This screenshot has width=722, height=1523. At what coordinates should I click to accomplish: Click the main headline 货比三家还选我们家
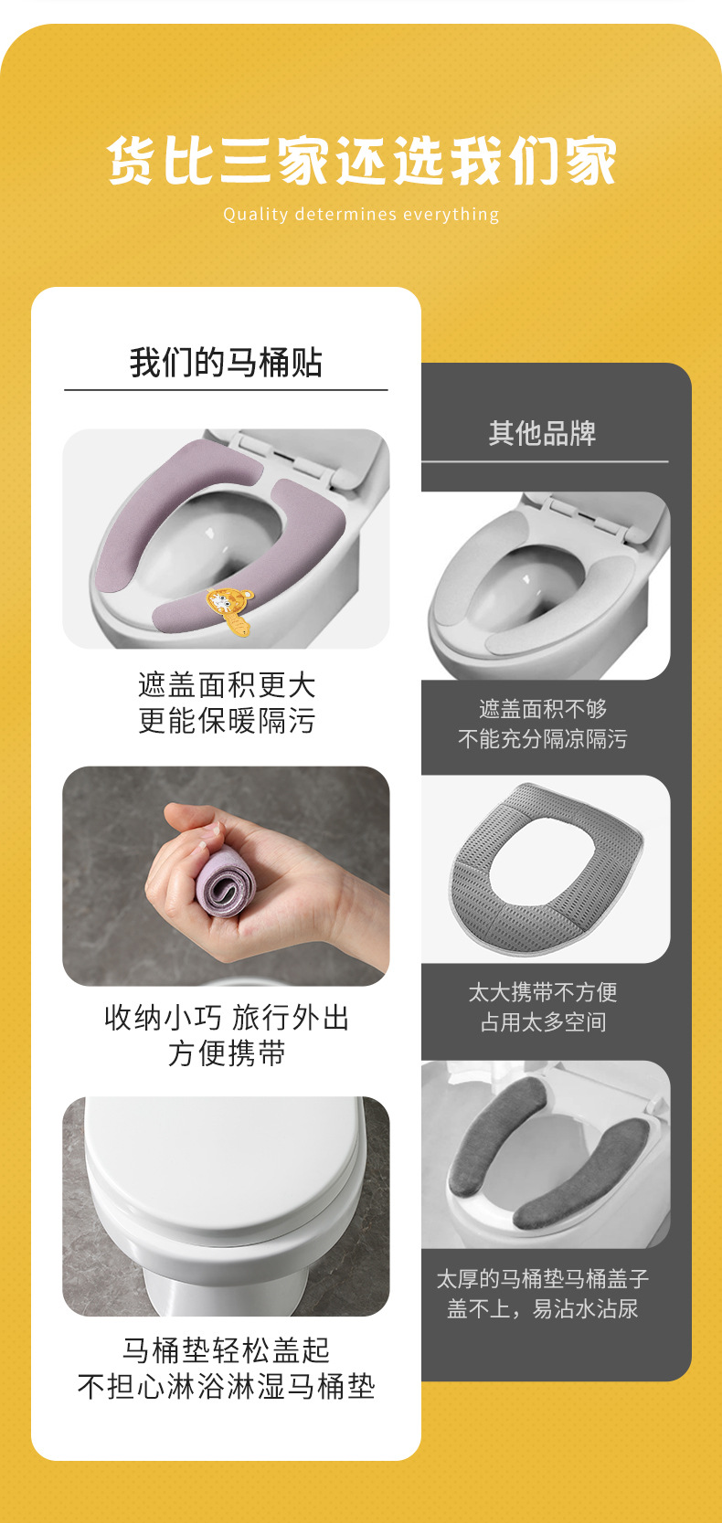361,161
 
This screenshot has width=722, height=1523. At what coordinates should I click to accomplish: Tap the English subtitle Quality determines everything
361,215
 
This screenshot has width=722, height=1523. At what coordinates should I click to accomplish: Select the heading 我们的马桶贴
226,363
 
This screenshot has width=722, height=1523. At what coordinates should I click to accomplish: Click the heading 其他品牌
543,433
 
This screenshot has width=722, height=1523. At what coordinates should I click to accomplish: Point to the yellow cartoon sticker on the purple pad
227,608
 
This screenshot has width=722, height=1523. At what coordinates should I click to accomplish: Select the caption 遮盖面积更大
226,684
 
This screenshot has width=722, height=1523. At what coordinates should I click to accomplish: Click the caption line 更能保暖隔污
226,721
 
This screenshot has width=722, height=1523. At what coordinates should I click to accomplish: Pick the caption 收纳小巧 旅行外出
226,1017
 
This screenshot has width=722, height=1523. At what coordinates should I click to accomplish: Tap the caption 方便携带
226,1053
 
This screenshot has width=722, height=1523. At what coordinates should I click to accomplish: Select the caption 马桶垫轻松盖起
226,1349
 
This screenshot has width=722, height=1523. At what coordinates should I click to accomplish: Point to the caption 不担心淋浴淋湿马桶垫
226,1386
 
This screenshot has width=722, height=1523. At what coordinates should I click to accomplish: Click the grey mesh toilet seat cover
547,868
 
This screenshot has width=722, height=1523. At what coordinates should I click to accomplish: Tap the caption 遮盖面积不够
543,709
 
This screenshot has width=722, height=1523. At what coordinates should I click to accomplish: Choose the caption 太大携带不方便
543,992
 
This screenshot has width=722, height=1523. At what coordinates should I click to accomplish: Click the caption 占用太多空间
543,1022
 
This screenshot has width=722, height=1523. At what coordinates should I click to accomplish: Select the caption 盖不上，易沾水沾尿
543,1308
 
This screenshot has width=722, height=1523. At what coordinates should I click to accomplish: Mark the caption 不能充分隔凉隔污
543,739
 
